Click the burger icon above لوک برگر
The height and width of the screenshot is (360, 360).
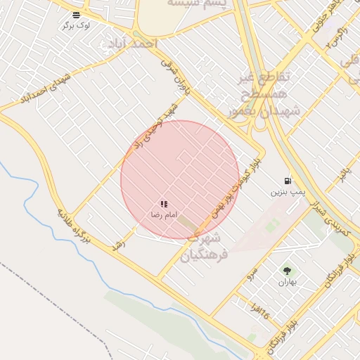(76, 14)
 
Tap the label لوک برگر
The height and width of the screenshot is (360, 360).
(76, 25)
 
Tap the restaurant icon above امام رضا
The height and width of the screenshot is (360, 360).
(164, 204)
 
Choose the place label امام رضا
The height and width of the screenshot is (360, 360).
(164, 214)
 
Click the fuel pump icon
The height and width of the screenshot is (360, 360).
(288, 181)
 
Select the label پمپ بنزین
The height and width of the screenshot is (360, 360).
(288, 191)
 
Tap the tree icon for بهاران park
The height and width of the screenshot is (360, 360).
(287, 271)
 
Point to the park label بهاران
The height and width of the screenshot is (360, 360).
(287, 282)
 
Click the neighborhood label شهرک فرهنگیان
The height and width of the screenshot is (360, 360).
(204, 246)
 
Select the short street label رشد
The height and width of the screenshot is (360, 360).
(119, 245)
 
